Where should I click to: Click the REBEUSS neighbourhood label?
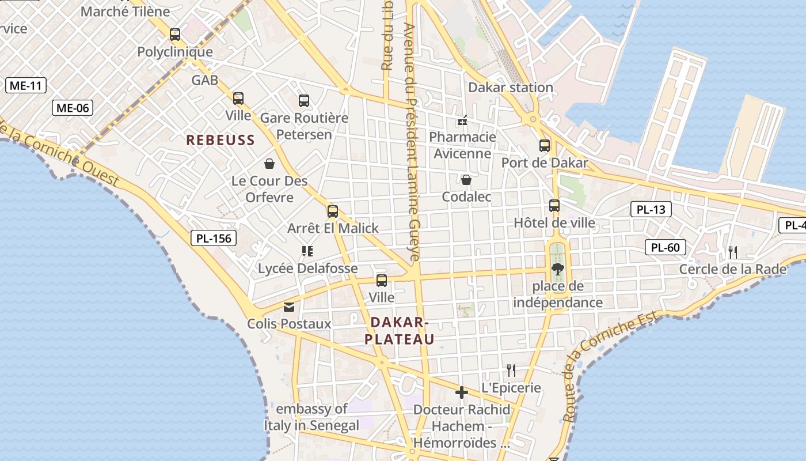[220, 140]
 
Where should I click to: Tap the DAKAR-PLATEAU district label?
[399, 331]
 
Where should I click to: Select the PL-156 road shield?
[214, 237]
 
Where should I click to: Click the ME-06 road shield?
[73, 107]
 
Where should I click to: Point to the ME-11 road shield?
[26, 86]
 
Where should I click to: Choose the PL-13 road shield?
[651, 209]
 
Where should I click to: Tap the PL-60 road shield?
[666, 248]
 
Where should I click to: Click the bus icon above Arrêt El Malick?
[333, 211]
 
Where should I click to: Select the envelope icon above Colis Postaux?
[289, 307]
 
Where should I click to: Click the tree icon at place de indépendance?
[557, 268]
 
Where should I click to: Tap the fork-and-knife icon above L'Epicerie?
[511, 369]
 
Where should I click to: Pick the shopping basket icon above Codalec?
[466, 180]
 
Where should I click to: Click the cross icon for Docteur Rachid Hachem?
[462, 392]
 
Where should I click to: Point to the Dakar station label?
[511, 88]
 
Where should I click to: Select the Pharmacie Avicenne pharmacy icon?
[462, 120]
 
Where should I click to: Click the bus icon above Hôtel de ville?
[554, 205]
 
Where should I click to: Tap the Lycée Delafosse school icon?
[307, 251]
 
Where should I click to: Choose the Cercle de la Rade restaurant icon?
[733, 252]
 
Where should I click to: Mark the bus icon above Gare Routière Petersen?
[304, 101]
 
